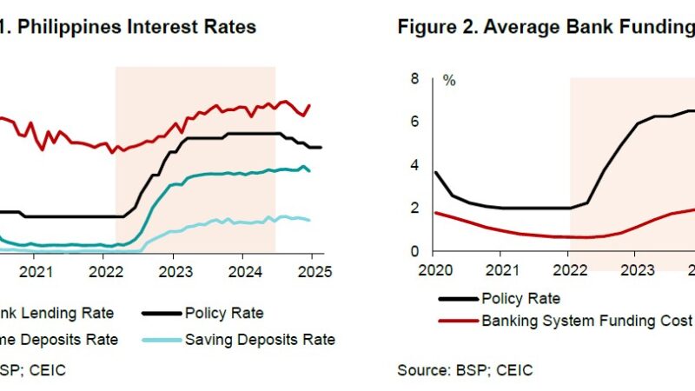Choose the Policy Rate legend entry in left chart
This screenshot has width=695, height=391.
(x=223, y=313)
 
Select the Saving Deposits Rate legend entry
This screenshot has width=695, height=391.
(x=260, y=340)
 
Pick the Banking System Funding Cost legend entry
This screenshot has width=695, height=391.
(x=586, y=320)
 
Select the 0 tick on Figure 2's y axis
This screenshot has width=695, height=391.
(x=414, y=252)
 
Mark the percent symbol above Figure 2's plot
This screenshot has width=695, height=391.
(x=449, y=80)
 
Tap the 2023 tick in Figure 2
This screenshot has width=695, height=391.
(x=638, y=270)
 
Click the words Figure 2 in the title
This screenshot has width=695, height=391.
(x=432, y=27)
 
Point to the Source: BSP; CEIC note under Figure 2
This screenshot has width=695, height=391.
(x=466, y=370)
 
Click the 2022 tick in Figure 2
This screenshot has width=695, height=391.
(x=570, y=270)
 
